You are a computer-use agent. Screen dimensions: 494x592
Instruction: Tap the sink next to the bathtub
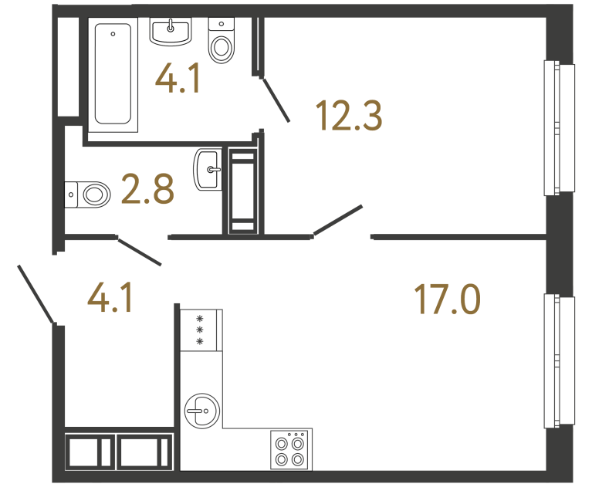click(171, 32)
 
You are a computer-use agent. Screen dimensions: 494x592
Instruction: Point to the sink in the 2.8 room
click(208, 169)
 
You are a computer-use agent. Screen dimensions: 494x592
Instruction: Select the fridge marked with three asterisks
click(201, 330)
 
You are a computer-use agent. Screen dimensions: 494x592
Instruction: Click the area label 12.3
click(348, 117)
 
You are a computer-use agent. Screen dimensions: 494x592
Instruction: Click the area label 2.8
click(147, 189)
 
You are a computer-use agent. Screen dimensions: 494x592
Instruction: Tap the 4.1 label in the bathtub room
click(178, 79)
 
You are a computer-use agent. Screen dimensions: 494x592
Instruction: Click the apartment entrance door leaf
click(36, 294)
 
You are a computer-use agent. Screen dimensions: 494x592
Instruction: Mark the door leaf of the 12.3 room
click(337, 219)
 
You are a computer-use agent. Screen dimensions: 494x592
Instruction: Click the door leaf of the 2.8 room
click(140, 252)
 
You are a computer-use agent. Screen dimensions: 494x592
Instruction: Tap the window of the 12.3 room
click(559, 128)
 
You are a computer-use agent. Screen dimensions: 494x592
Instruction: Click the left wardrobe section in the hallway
click(89, 452)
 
